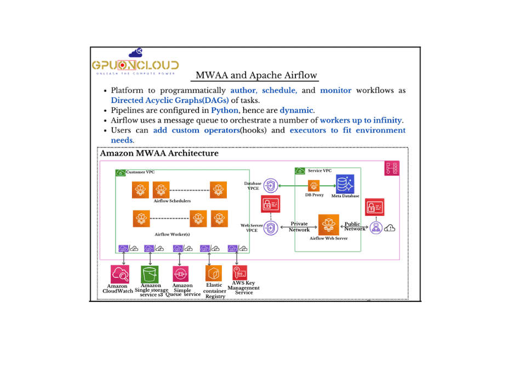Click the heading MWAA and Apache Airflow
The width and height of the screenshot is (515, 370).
pos(256,75)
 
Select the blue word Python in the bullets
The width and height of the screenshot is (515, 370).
pos(224,110)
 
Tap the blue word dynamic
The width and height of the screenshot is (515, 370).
pos(296,110)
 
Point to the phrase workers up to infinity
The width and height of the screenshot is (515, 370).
pos(361,120)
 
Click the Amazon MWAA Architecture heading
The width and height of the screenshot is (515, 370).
pos(159,153)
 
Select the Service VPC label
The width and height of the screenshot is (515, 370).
pos(319,170)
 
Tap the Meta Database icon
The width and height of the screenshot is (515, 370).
pos(345,184)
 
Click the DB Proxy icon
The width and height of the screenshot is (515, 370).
pos(314,186)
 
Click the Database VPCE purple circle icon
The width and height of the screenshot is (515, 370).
pos(271,186)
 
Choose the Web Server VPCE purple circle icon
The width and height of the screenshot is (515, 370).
pos(271,227)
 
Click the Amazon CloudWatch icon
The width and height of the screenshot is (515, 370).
pos(119,274)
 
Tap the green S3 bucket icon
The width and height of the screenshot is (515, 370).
pos(150,274)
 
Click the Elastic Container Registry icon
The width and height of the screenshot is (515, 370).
pos(213,273)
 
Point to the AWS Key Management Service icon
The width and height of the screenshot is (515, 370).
pos(239,272)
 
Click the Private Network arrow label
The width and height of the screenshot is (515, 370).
pos(299,226)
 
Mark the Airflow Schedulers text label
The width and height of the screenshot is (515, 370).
pos(172,201)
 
